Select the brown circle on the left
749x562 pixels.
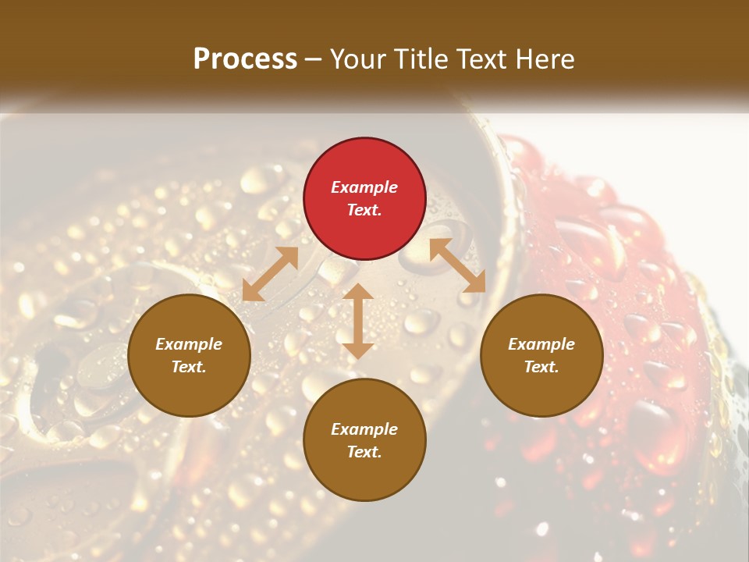[189, 355]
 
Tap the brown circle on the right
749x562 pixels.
[541, 355]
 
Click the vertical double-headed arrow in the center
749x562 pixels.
[358, 321]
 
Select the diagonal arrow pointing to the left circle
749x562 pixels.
[270, 274]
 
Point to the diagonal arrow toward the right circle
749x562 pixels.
[457, 266]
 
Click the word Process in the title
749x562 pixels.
[245, 59]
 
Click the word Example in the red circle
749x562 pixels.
[364, 187]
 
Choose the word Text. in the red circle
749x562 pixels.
[364, 210]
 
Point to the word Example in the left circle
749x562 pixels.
[189, 344]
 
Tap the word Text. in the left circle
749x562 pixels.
[189, 367]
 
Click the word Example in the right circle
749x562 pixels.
[541, 344]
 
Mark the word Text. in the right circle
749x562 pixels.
[541, 367]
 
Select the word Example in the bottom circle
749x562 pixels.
[364, 429]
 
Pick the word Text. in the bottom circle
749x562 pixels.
[364, 452]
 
